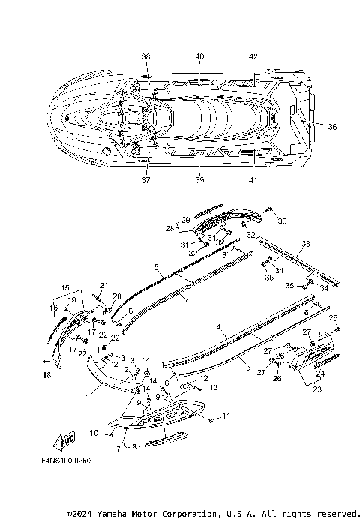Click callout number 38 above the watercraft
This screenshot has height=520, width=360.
click(145, 56)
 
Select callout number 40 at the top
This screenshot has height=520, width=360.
click(199, 56)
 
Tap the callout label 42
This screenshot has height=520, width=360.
click(253, 56)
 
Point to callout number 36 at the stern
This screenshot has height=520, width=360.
click(332, 127)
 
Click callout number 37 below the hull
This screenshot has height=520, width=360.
click(145, 180)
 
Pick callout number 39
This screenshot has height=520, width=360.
click(199, 180)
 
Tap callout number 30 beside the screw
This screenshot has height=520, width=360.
click(283, 221)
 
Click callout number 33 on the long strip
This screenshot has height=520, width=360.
click(305, 244)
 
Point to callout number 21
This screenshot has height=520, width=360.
click(103, 285)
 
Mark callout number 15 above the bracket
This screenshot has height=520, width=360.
click(65, 288)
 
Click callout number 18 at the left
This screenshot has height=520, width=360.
click(45, 374)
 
